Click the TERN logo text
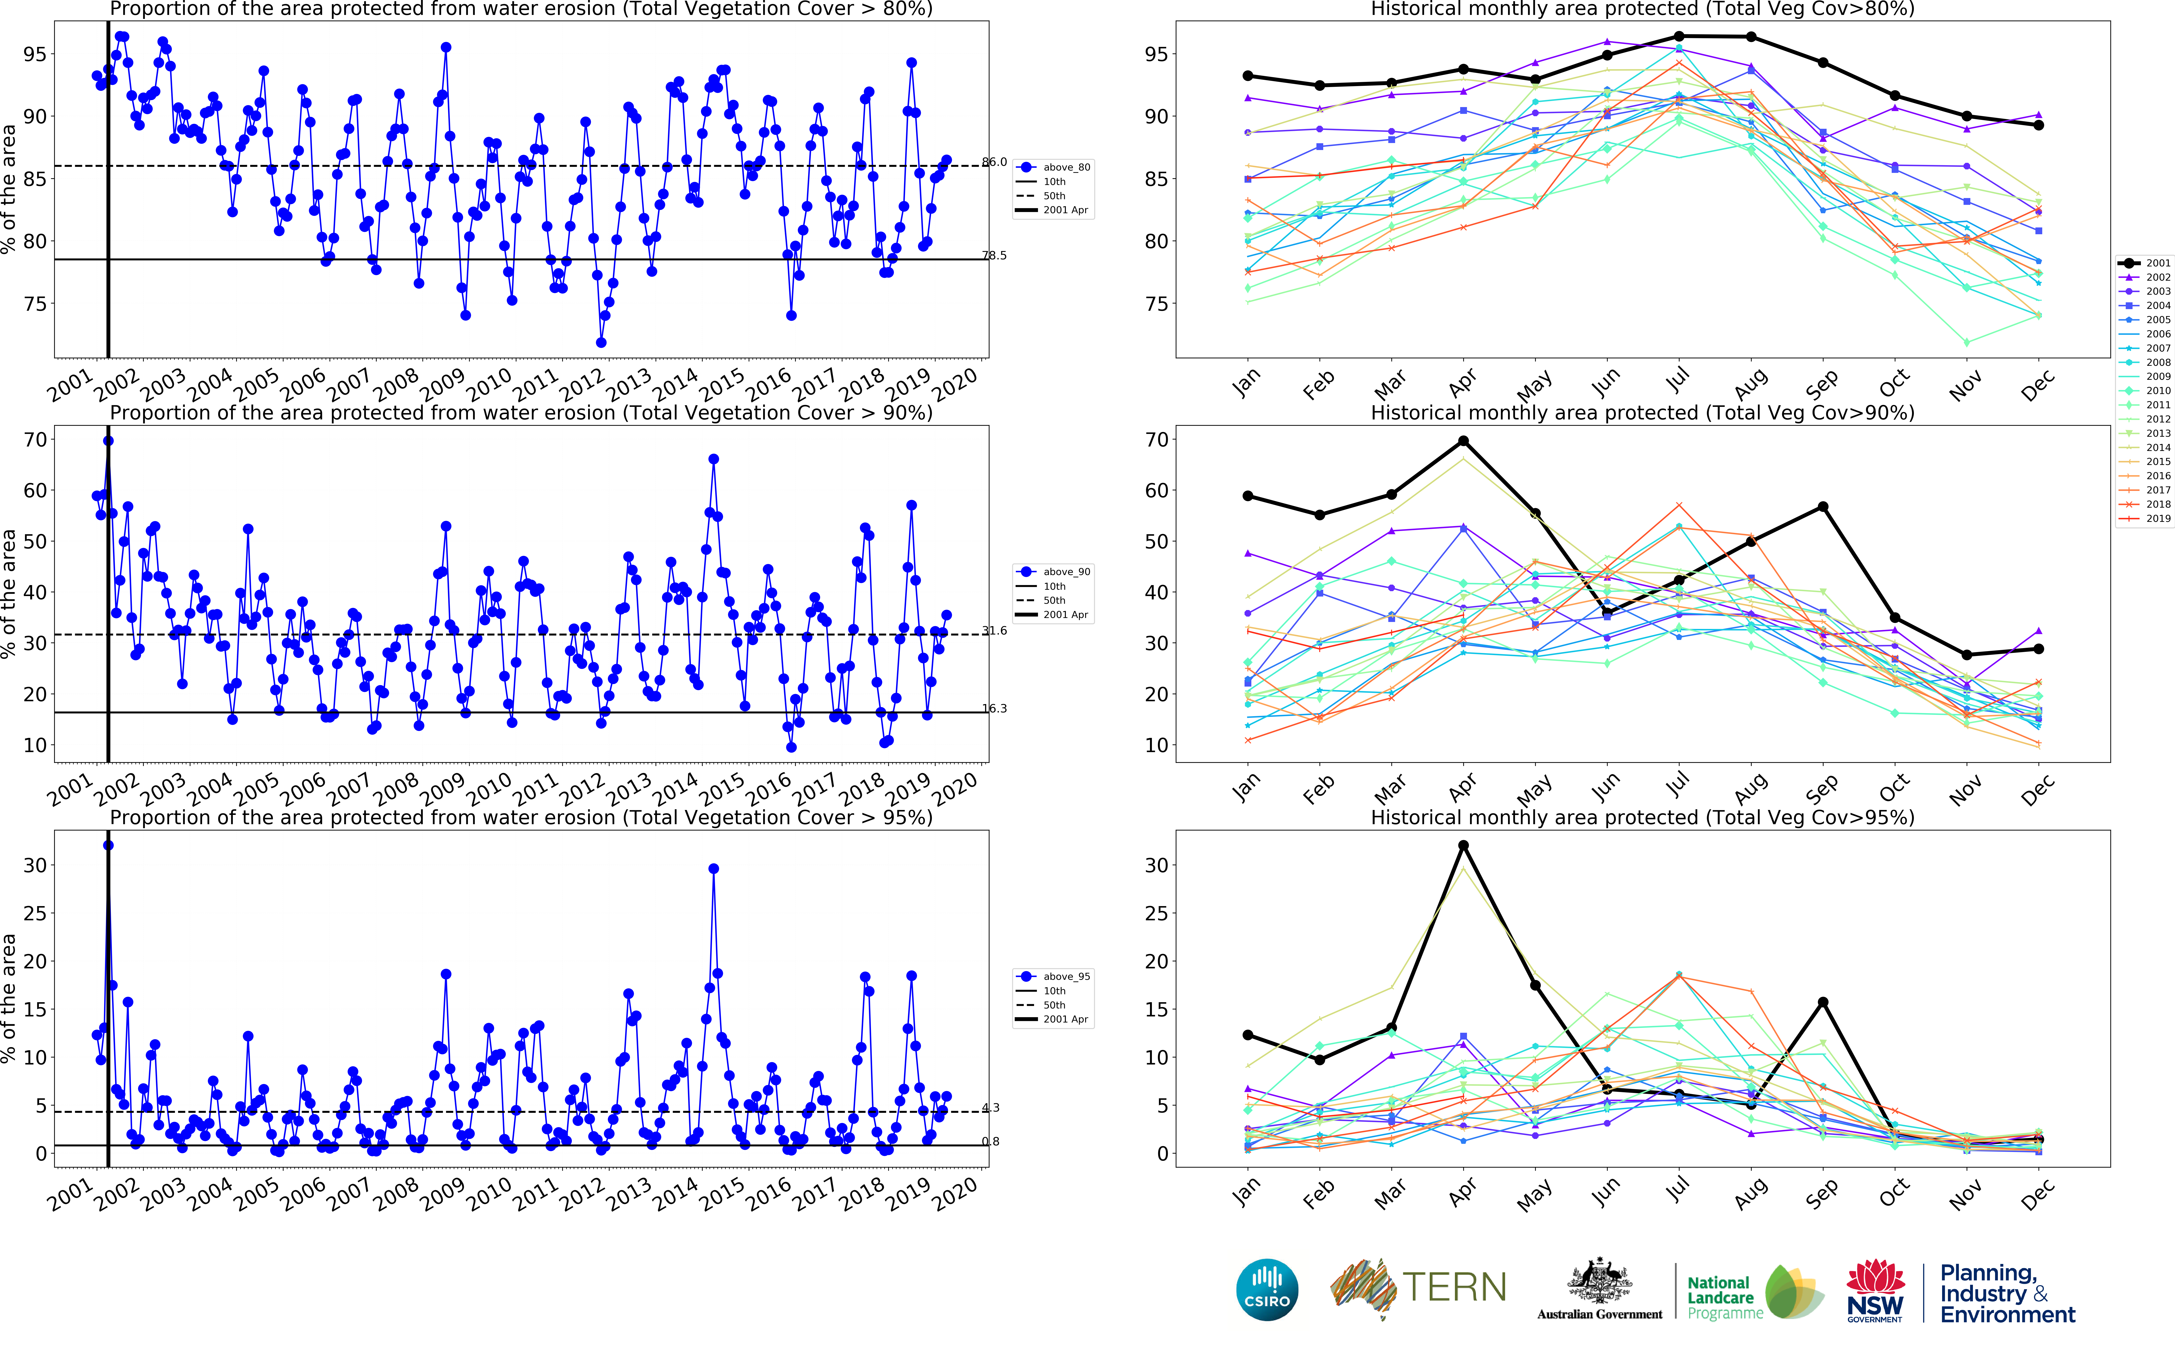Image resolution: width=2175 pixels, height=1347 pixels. [1454, 1287]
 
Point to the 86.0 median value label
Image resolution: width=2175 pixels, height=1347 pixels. [994, 162]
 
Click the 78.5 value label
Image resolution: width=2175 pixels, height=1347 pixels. [994, 256]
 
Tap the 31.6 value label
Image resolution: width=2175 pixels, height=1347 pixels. [994, 631]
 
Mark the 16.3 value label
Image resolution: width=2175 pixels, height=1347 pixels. [994, 709]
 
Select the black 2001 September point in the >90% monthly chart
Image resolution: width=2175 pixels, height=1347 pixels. [1823, 507]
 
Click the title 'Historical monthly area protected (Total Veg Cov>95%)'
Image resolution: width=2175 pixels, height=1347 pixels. [1642, 817]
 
